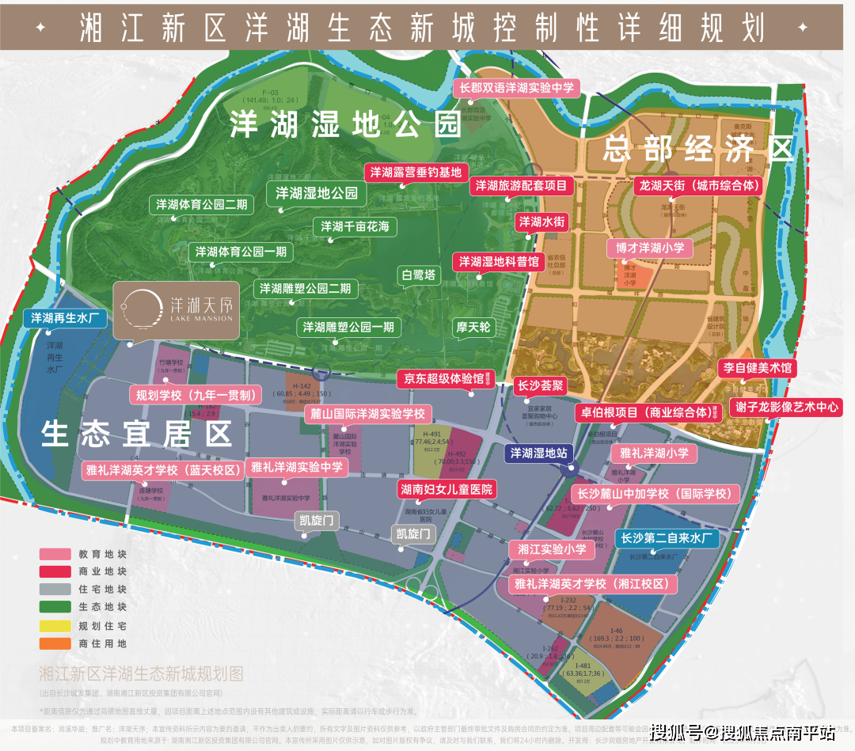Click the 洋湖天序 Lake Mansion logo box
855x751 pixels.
click(176, 309)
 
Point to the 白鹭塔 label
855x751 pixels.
click(419, 275)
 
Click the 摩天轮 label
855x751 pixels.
click(473, 327)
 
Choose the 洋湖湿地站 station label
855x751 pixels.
click(538, 453)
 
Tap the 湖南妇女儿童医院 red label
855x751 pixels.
click(446, 489)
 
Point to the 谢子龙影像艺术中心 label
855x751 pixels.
click(774, 407)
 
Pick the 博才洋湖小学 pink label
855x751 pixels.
click(649, 248)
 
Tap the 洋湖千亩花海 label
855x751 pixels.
click(355, 227)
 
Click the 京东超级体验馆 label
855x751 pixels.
click(446, 379)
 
